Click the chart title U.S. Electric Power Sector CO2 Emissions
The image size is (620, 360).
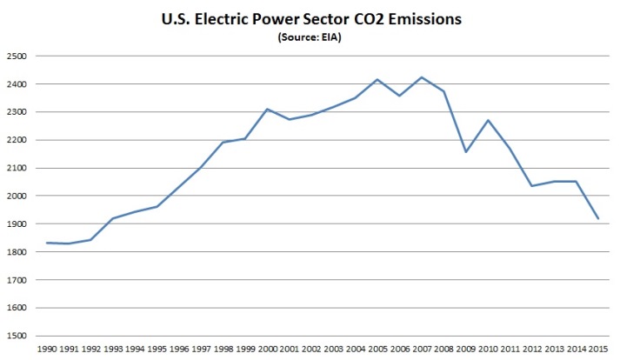click(310, 18)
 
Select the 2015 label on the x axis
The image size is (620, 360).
click(599, 350)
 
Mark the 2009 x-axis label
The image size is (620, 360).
click(465, 350)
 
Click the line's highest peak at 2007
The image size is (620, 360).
click(421, 77)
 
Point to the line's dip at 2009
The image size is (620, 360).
click(466, 152)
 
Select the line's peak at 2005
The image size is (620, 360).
click(377, 79)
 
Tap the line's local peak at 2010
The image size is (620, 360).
click(488, 120)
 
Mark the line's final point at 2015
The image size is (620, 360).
click(599, 218)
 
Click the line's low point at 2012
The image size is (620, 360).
click(532, 186)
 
